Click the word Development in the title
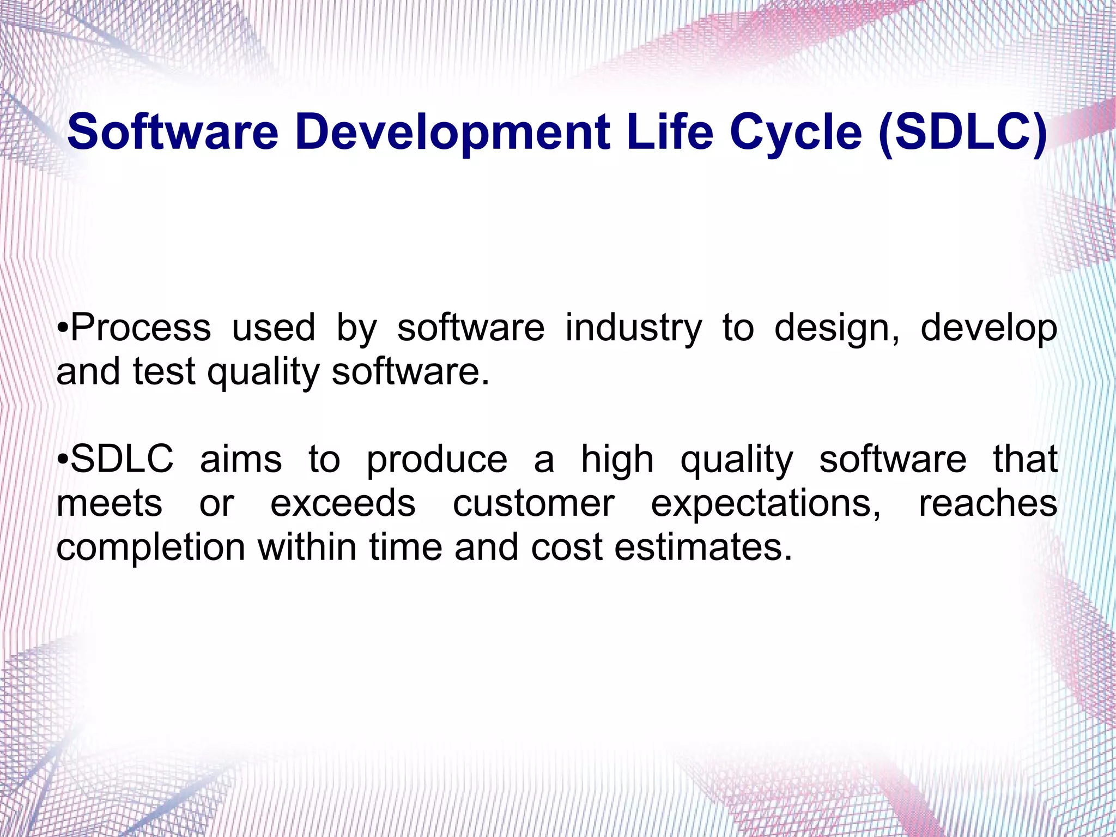[452, 133]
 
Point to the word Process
[141, 328]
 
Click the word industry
[633, 329]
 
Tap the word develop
[988, 329]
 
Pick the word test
[164, 372]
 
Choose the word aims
[241, 459]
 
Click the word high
[617, 460]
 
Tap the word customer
[533, 503]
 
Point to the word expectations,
[766, 504]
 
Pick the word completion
[151, 548]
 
